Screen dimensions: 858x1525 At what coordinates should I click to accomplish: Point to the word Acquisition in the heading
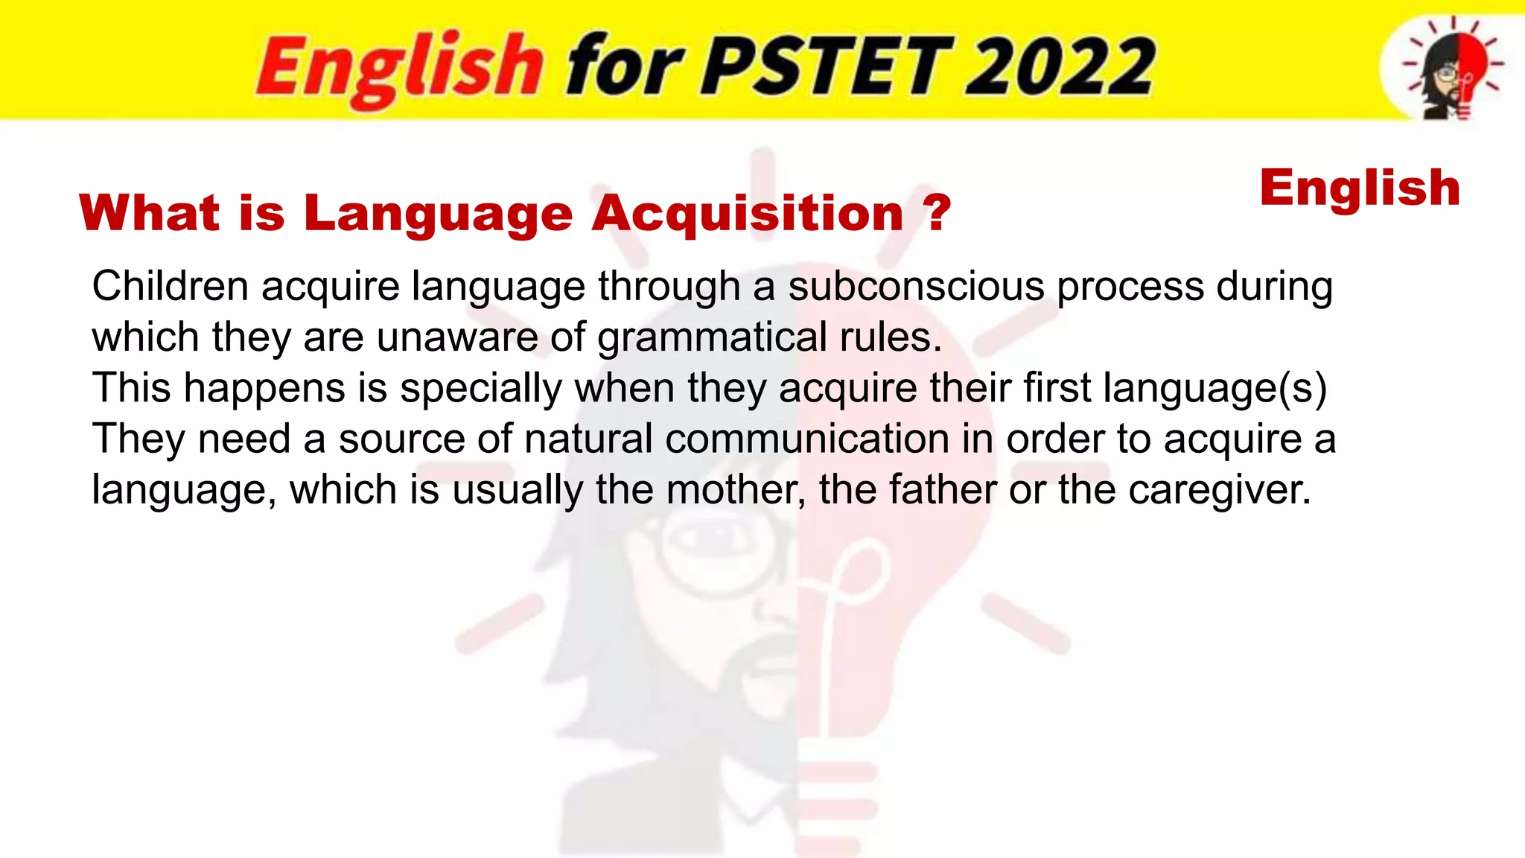click(748, 214)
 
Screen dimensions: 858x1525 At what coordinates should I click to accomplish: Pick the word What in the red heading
click(150, 213)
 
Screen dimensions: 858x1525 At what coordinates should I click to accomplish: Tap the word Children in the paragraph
click(170, 286)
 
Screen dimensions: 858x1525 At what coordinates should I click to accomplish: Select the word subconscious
click(916, 286)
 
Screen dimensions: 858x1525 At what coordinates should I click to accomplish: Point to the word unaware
click(457, 337)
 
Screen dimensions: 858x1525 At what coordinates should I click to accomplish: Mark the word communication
click(807, 439)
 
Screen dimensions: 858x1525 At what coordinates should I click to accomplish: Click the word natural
click(588, 439)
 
